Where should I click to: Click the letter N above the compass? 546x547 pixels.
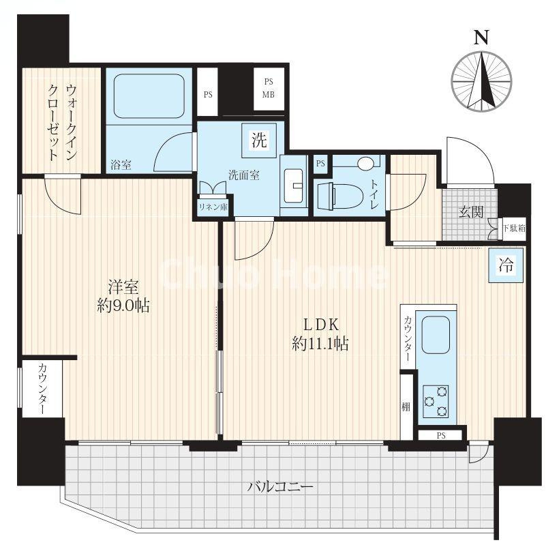(x=481, y=37)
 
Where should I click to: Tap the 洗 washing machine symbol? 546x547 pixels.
(x=260, y=140)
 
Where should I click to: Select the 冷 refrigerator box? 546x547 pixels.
(x=506, y=265)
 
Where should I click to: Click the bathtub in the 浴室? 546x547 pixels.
(x=149, y=96)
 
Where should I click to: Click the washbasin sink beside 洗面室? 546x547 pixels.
(x=294, y=186)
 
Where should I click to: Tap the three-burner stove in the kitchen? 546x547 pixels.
(x=436, y=401)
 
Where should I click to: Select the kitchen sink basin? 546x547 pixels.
(x=436, y=336)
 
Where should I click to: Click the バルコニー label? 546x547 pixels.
(x=280, y=486)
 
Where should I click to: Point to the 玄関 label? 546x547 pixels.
(x=471, y=211)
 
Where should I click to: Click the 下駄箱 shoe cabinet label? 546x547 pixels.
(x=514, y=229)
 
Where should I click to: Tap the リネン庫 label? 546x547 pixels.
(x=213, y=207)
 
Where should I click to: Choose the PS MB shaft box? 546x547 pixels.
(x=269, y=88)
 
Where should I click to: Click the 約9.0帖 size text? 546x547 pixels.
(x=123, y=306)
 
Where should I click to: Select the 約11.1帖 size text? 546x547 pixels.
(x=320, y=344)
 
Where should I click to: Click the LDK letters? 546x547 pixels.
(x=321, y=325)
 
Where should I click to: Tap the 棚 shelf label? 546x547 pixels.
(x=406, y=406)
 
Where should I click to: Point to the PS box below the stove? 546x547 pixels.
(x=441, y=436)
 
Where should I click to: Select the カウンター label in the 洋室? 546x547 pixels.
(x=42, y=389)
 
